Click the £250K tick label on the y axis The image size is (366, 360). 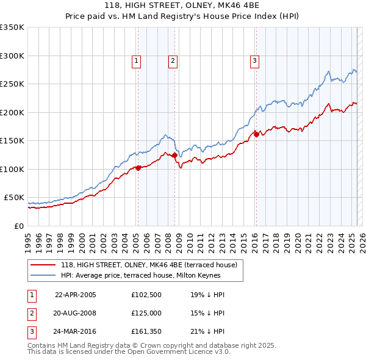12,84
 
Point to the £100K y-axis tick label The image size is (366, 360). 12,169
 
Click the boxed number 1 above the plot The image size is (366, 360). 136,60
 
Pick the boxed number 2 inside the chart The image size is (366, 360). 173,60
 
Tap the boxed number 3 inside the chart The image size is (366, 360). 254,60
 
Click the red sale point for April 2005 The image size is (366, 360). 138,168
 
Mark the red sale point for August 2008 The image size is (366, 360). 174,155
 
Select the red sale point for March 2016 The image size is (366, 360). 256,134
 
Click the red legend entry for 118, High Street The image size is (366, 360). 152,264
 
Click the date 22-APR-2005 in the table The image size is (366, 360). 76,294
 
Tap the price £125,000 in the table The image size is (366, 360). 146,313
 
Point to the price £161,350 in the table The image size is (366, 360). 146,332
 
